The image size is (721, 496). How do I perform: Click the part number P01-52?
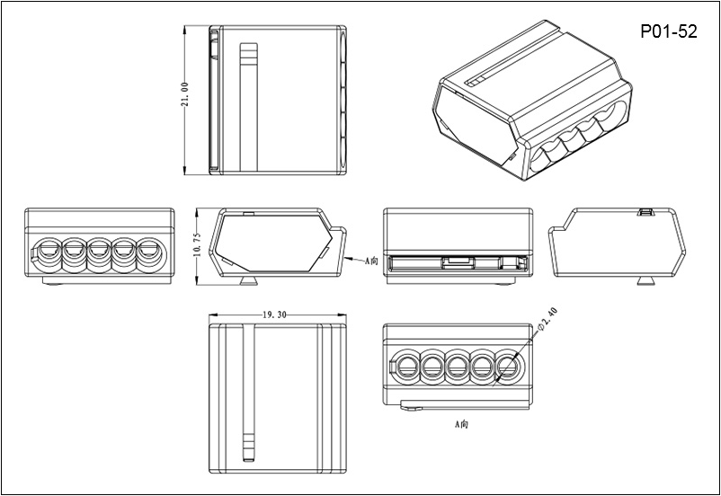[x=668, y=31]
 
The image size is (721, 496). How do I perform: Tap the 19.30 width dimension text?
[x=276, y=316]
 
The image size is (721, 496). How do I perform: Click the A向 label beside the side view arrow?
[x=373, y=261]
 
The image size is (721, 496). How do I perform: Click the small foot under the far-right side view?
[x=645, y=282]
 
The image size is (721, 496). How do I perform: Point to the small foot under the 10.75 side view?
[x=249, y=282]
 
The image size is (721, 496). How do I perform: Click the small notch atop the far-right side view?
[x=645, y=212]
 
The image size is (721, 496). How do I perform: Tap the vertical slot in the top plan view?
[x=249, y=108]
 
